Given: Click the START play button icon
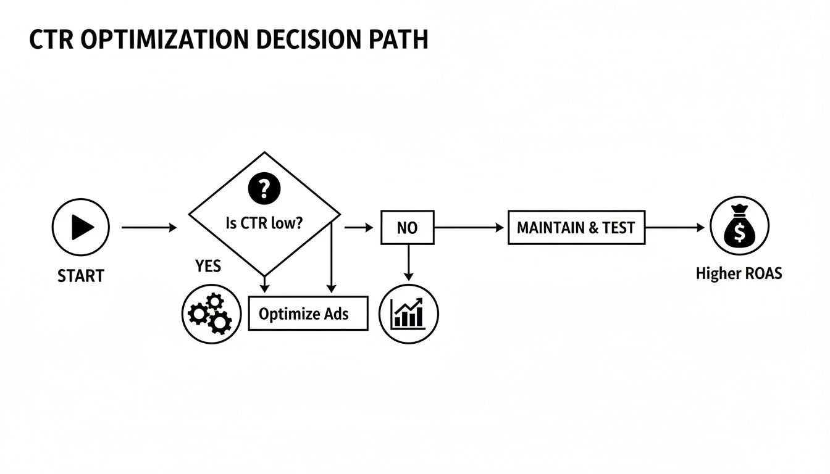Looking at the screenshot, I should point(81,228).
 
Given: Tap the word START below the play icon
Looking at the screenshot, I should point(81,275).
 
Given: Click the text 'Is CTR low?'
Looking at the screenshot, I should point(264,223).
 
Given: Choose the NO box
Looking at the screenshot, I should point(407,228).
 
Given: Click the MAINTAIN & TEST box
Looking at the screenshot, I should point(576,228).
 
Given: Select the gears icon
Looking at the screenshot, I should point(211,314).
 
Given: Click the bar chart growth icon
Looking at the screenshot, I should point(408,314).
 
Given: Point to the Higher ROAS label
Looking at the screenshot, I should point(739,273).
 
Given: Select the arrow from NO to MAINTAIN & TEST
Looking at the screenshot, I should point(469,228).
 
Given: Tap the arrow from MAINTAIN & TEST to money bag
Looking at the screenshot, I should point(674,228).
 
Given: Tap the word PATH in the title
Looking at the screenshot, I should point(396,39).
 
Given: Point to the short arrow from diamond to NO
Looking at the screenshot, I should point(359,228).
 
